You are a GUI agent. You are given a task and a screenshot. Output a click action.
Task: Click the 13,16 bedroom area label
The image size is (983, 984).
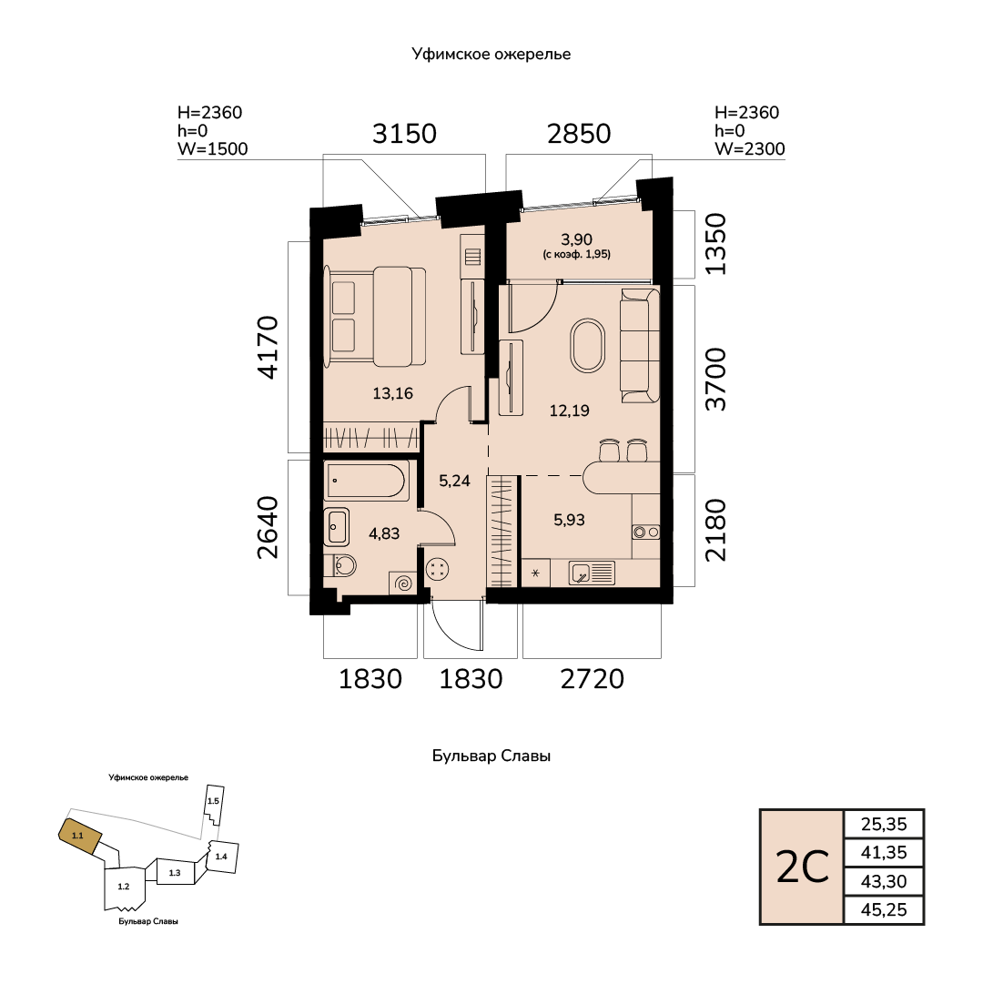pyautogui.click(x=392, y=394)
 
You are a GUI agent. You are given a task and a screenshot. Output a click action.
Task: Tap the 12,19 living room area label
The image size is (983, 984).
pyautogui.click(x=569, y=411)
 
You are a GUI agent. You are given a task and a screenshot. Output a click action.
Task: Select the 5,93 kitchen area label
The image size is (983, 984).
pyautogui.click(x=569, y=521)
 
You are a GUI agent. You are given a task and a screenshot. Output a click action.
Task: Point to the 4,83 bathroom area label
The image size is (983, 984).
pyautogui.click(x=384, y=534)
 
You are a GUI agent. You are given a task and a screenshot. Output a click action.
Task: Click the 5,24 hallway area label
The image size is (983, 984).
pyautogui.click(x=454, y=482)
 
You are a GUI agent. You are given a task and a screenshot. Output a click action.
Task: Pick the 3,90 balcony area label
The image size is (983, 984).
pyautogui.click(x=576, y=239)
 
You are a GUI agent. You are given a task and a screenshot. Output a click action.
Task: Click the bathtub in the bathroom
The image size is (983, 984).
pyautogui.click(x=368, y=482)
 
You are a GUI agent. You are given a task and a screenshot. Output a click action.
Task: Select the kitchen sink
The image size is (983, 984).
pyautogui.click(x=592, y=573)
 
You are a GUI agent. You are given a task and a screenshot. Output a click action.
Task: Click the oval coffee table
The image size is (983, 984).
pyautogui.click(x=588, y=346)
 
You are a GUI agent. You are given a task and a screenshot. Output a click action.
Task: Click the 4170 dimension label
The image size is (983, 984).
pyautogui.click(x=268, y=347)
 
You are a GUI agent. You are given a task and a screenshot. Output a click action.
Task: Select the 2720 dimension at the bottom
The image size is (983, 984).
pyautogui.click(x=593, y=680)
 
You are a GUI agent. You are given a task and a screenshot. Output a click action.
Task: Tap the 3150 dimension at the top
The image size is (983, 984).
pyautogui.click(x=404, y=134)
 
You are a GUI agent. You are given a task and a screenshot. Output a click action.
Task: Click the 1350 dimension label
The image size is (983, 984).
pyautogui.click(x=715, y=244)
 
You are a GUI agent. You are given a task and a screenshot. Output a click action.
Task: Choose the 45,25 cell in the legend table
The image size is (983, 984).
pyautogui.click(x=884, y=910)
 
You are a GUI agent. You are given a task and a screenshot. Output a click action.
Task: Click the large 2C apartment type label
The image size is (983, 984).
pyautogui.click(x=803, y=867)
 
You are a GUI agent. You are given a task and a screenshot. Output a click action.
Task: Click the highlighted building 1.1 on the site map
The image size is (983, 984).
pyautogui.click(x=79, y=836)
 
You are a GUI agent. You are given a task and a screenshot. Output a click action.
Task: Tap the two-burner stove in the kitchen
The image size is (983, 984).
pyautogui.click(x=646, y=533)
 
